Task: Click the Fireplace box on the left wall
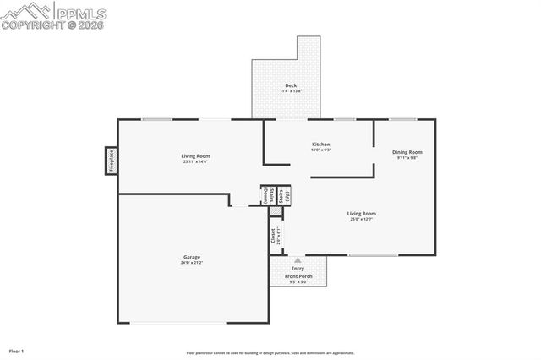[110, 161]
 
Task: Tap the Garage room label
[192, 257]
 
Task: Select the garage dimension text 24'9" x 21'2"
[192, 263]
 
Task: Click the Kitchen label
[320, 145]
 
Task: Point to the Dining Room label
[408, 152]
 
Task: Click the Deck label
[291, 85]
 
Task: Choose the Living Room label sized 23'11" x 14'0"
[195, 155]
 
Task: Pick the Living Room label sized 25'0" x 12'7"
[362, 214]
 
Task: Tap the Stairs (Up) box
[287, 194]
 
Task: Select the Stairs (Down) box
[265, 194]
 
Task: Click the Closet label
[273, 236]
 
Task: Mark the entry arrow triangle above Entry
[297, 260]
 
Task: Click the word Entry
[298, 269]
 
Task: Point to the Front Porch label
[298, 276]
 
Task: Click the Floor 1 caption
[17, 350]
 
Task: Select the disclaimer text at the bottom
[270, 353]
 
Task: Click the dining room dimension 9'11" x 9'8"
[408, 158]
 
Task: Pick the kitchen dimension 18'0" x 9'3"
[320, 150]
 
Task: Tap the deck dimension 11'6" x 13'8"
[291, 91]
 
